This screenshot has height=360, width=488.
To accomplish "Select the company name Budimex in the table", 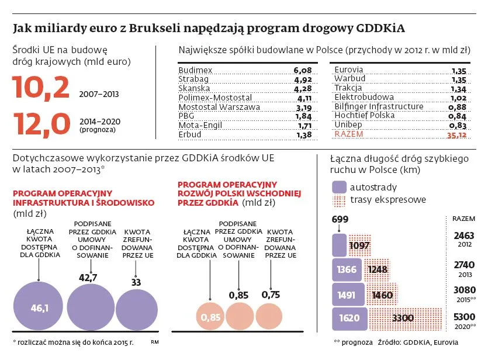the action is point(195,70).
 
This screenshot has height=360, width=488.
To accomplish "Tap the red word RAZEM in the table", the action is point(348,134).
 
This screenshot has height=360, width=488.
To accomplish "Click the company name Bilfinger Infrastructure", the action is point(379,106).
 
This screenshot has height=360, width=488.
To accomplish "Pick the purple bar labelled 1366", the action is point(347,269).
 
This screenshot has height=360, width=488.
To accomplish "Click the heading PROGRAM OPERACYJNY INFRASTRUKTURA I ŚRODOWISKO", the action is point(83,198).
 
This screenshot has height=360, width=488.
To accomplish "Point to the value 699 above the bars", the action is point(339,219).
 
